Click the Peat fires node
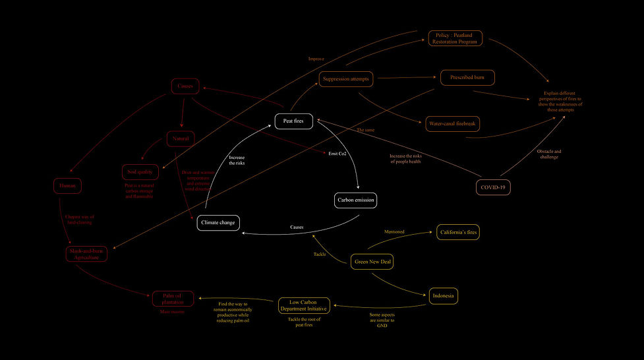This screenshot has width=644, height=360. (293, 121)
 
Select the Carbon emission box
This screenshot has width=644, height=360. (356, 200)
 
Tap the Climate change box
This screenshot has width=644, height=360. (218, 223)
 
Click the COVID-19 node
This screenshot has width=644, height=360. (494, 187)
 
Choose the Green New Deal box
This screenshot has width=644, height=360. (374, 262)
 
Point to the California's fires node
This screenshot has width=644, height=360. (458, 232)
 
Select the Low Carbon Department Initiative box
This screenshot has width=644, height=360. (304, 305)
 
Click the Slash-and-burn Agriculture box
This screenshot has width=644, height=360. (86, 254)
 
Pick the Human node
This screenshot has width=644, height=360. (67, 187)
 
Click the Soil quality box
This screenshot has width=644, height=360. (140, 172)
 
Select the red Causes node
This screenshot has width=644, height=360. (185, 86)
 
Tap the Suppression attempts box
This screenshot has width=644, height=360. (347, 79)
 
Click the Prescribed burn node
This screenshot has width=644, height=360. (467, 77)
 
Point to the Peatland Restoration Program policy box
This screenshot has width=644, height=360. (455, 38)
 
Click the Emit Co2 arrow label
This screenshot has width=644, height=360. (337, 154)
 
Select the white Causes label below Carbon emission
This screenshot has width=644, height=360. (297, 227)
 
